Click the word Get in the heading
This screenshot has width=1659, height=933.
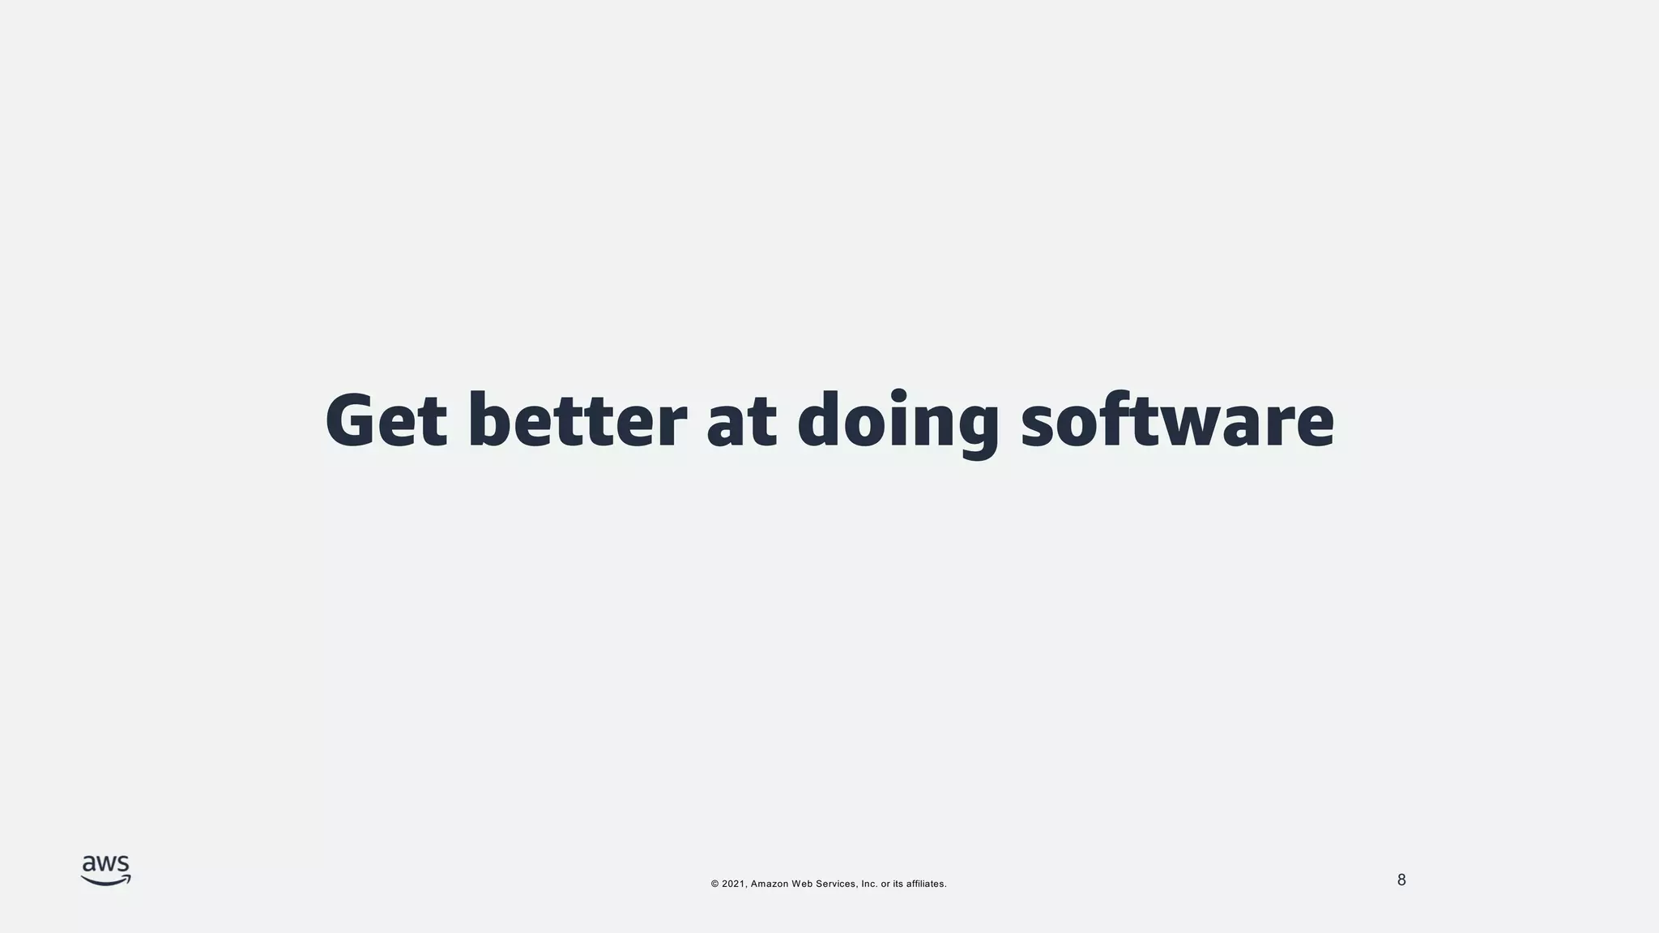[386, 420]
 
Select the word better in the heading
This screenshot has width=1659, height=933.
[577, 420]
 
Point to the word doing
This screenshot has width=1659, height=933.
[898, 423]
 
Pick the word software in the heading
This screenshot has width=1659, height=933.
[1176, 420]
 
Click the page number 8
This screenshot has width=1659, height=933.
[1401, 880]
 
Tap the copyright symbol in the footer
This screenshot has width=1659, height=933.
[715, 884]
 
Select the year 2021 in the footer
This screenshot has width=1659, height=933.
[733, 884]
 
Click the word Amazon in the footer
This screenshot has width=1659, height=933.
[770, 884]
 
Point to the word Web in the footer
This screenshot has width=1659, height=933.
[802, 884]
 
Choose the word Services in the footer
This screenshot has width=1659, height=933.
[836, 884]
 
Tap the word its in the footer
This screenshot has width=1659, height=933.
[898, 884]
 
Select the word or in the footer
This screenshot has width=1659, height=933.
[885, 884]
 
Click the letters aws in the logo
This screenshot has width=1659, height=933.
[105, 865]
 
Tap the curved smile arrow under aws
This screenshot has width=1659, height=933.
[105, 881]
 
